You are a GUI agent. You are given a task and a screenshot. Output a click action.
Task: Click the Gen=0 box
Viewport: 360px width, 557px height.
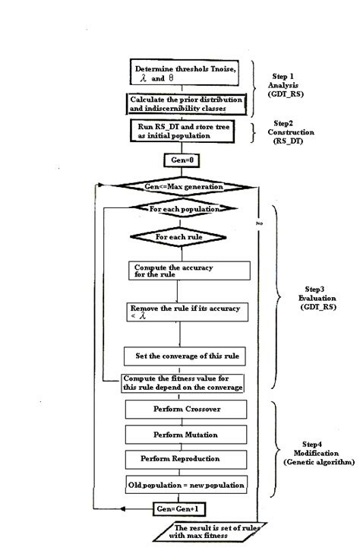181,161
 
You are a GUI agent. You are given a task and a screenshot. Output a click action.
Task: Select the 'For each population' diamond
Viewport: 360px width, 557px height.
180,207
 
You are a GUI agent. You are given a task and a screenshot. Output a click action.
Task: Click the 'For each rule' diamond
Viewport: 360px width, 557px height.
180,237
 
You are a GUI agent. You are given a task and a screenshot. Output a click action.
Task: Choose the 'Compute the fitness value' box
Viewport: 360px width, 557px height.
183,382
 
